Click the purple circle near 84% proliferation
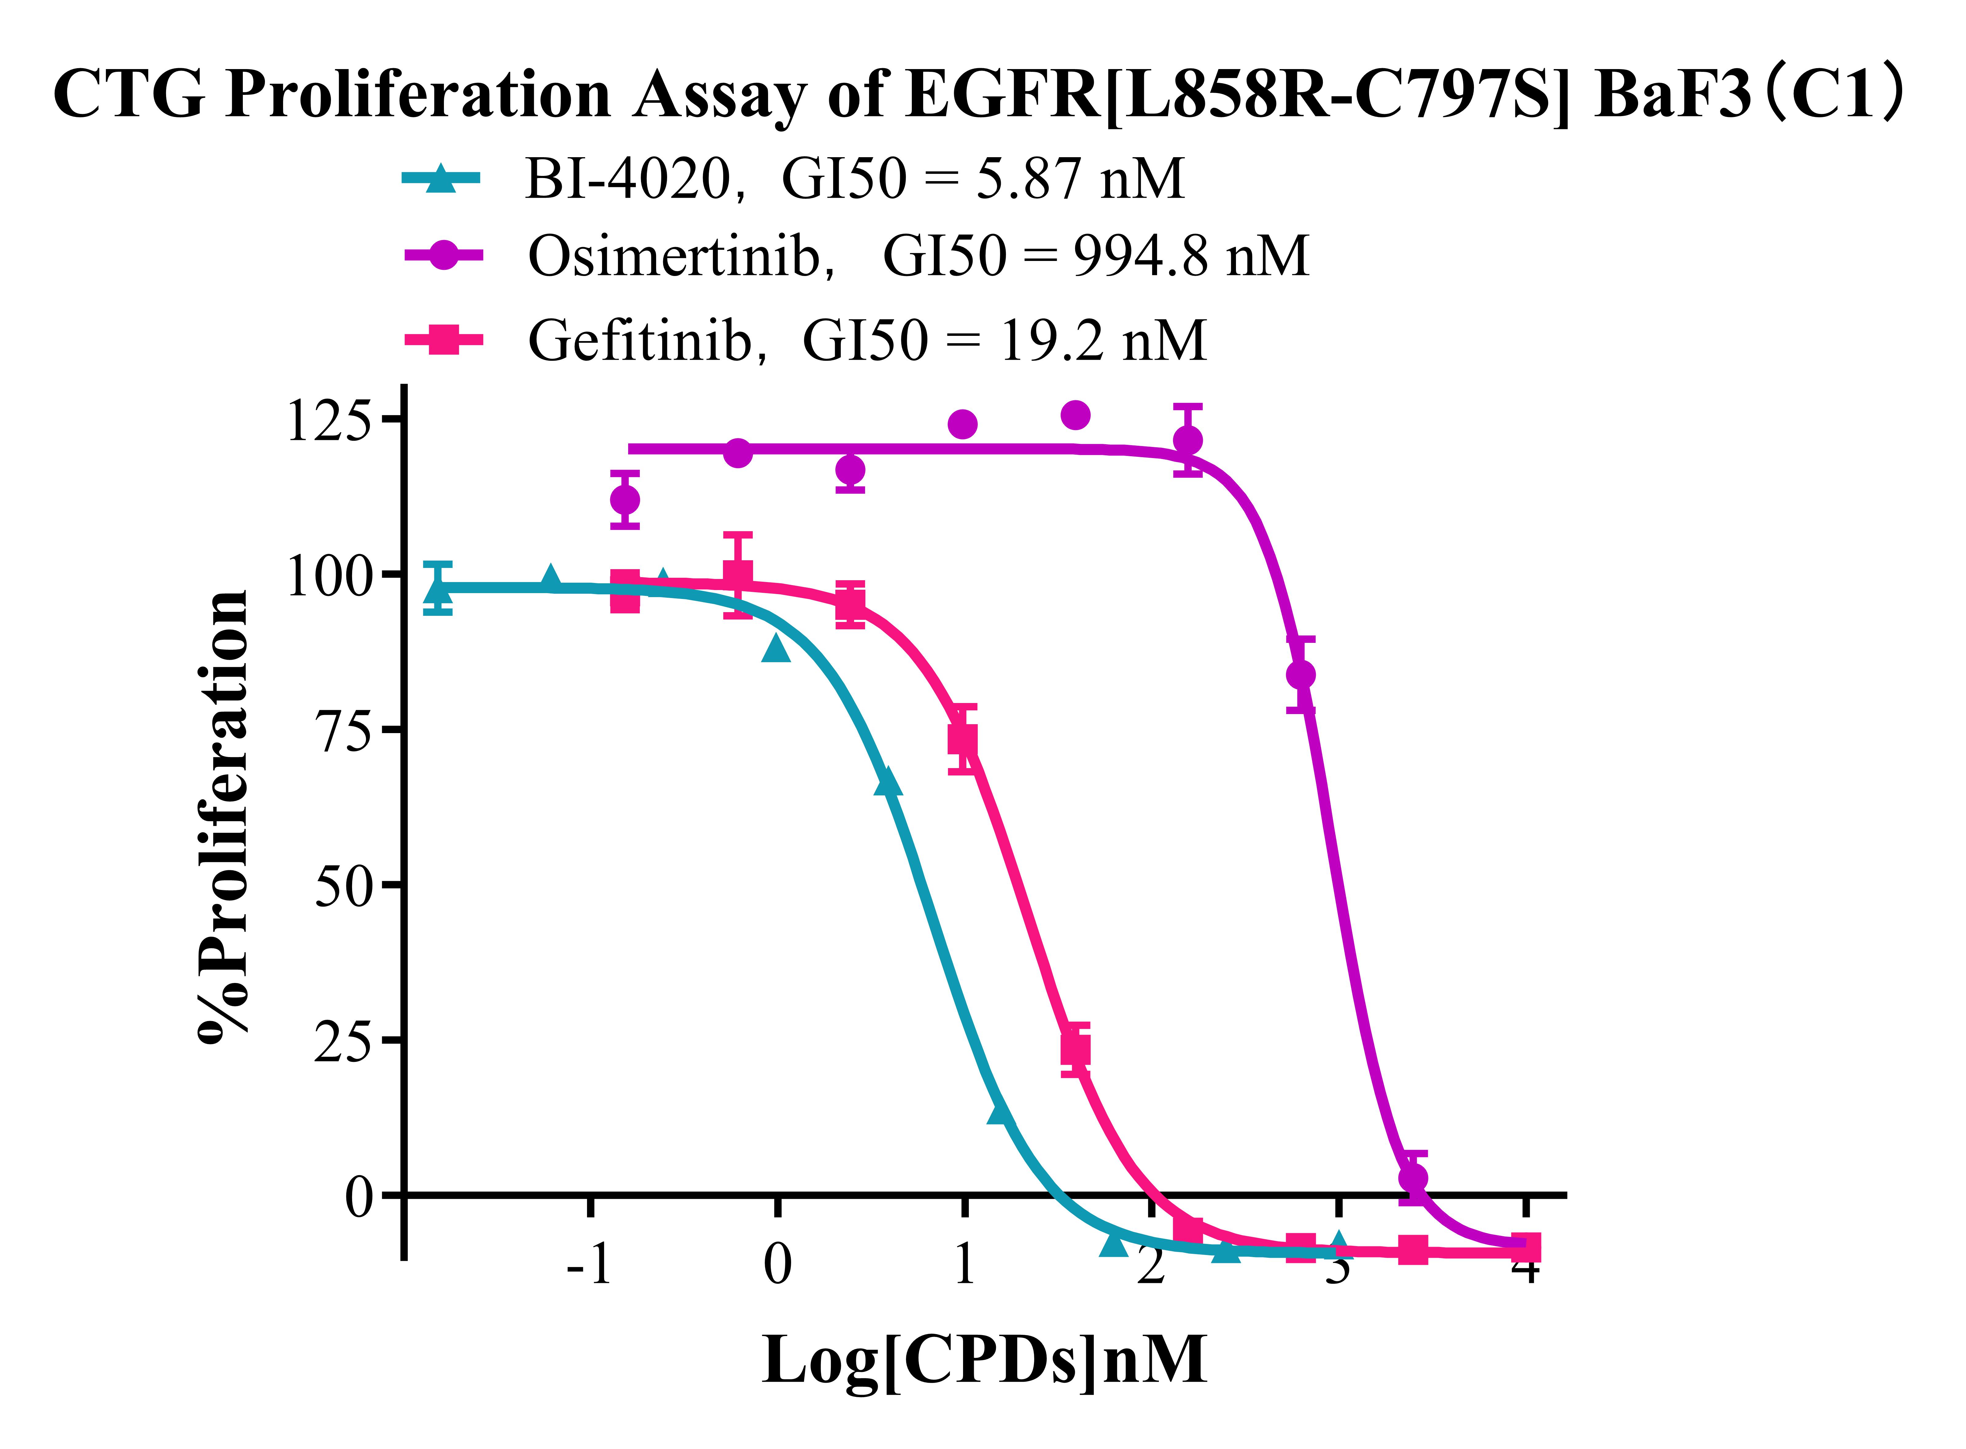pos(1300,674)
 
